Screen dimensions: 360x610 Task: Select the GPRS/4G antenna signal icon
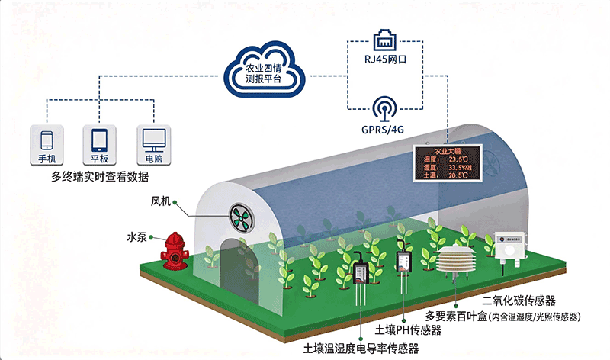pos(382,106)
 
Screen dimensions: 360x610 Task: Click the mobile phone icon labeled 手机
pos(47,141)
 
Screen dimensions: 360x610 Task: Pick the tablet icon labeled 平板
pos(99,141)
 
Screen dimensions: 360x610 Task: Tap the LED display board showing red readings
pos(445,162)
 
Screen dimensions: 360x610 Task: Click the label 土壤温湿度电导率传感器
pos(361,349)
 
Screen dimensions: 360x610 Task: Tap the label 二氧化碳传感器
pos(518,300)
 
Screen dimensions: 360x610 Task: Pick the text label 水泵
pos(136,237)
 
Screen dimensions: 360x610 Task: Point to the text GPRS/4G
pos(382,130)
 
